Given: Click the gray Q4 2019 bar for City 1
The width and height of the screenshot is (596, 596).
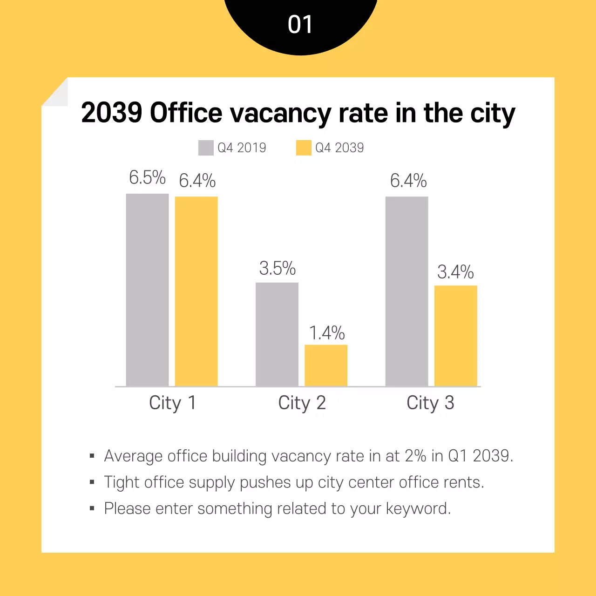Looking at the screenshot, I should [x=147, y=290].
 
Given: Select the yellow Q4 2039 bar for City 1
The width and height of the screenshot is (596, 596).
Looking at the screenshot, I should [x=196, y=291].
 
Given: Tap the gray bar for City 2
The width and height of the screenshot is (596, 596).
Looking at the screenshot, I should [x=277, y=334].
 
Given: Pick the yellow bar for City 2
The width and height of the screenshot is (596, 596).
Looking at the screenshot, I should [x=326, y=365].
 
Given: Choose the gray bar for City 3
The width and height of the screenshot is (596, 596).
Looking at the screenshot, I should [x=406, y=291].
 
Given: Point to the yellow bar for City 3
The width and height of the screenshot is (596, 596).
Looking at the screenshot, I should [x=455, y=335].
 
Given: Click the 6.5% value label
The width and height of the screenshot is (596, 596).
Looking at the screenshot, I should [x=147, y=177].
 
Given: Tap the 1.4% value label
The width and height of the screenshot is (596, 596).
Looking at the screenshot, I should [x=327, y=333].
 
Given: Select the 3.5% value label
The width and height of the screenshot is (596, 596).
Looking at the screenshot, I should [x=278, y=268].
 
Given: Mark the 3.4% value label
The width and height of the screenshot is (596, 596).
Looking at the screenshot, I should [x=455, y=272].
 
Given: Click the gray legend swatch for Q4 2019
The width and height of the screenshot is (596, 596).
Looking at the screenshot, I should [x=206, y=148].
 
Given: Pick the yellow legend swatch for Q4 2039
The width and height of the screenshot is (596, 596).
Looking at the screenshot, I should [x=304, y=148].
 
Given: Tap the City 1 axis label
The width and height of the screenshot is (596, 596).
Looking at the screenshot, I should [x=172, y=403].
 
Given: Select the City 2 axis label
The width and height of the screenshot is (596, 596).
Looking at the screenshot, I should [x=302, y=403].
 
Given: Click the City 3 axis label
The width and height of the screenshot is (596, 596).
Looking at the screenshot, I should [x=430, y=403].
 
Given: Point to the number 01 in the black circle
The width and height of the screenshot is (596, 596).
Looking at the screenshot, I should [x=300, y=24].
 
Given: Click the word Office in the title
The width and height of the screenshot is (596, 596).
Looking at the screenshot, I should [x=186, y=113].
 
